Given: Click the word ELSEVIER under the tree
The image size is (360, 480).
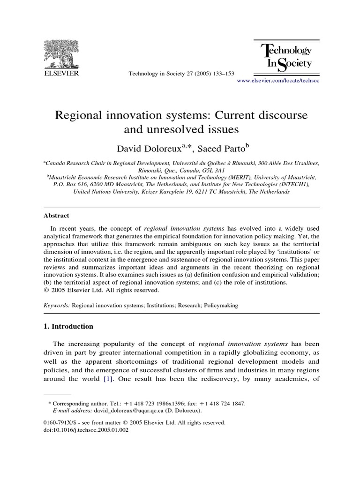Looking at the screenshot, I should tap(61, 74).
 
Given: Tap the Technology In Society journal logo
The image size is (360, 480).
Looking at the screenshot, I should tap(286, 56).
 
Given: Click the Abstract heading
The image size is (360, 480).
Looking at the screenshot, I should tap(56, 216).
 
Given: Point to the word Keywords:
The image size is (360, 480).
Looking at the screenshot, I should tap(57, 305).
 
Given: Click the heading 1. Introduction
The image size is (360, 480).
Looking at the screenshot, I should tap(68, 326).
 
